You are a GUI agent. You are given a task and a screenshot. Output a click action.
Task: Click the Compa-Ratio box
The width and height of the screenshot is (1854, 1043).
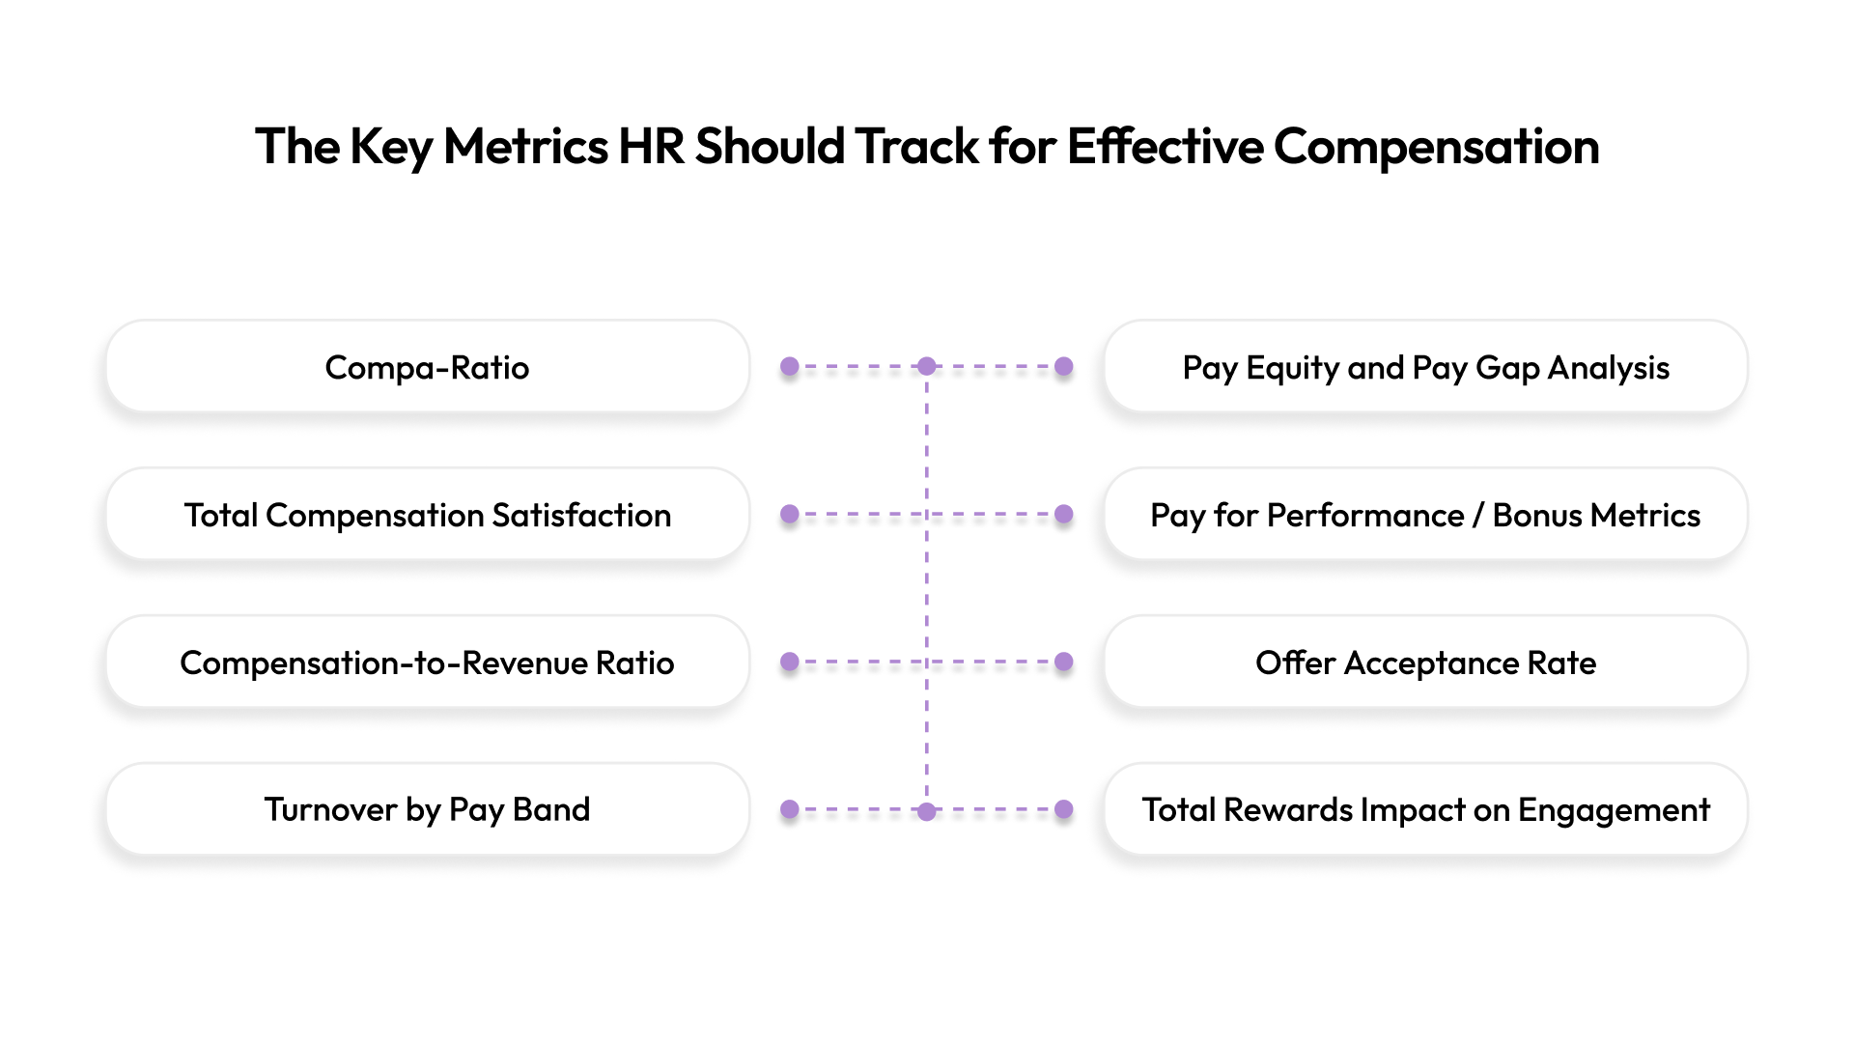(427, 367)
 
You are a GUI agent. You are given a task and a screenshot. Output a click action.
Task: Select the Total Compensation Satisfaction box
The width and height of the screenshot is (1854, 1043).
(427, 515)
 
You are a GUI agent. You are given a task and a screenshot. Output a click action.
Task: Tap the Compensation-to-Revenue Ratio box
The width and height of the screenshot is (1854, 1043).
(427, 662)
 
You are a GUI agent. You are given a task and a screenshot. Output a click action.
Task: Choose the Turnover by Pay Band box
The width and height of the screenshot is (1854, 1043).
(427, 809)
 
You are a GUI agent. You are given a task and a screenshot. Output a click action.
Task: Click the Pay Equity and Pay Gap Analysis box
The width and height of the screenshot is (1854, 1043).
(1425, 367)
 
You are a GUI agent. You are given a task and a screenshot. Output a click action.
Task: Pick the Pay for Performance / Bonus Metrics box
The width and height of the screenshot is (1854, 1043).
(1425, 515)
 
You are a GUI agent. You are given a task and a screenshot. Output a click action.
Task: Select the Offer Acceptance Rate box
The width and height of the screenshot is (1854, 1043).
(1425, 662)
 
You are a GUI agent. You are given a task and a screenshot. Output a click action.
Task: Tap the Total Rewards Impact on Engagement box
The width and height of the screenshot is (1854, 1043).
(1425, 809)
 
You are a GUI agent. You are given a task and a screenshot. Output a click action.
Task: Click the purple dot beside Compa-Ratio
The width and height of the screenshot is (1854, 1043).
(790, 367)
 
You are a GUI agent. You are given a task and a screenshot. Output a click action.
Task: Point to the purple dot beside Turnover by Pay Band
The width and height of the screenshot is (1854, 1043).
(790, 809)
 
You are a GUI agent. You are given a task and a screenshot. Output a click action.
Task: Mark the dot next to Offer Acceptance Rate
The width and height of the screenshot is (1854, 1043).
(1064, 662)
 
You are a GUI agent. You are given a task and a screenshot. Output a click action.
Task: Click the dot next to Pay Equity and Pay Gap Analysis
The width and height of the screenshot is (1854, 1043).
(1064, 367)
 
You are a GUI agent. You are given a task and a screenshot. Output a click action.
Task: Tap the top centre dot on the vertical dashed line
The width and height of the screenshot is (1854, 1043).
(927, 367)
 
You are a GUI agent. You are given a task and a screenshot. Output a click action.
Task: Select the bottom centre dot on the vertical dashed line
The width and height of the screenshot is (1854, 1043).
(927, 810)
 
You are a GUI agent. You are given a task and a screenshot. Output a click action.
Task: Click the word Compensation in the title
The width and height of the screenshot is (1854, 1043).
(1436, 147)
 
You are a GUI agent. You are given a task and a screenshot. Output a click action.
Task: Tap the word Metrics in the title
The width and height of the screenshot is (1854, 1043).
(525, 147)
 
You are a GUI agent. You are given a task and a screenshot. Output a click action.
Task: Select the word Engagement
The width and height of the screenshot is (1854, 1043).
(1614, 810)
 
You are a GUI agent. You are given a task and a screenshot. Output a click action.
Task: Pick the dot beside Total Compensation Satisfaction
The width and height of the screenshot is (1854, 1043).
(790, 515)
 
